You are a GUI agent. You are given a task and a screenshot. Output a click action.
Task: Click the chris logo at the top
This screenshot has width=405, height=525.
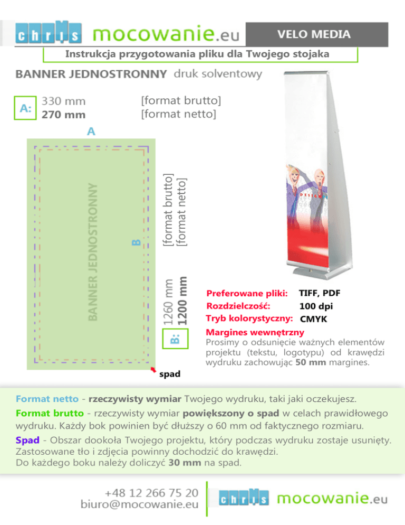pos(49,34)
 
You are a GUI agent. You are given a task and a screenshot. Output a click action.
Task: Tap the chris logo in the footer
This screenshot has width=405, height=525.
pos(244,498)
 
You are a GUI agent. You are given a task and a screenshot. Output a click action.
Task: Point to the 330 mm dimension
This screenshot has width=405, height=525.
pos(63,100)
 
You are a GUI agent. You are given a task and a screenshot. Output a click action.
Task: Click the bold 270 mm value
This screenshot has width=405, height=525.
pos(63,114)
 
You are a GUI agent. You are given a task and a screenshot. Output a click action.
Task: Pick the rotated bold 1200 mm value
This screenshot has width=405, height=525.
pos(182,301)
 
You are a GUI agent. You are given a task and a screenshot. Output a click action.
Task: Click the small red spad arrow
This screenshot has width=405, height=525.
pos(153,370)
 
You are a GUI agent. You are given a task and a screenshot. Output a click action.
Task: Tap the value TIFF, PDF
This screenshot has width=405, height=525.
pos(319,293)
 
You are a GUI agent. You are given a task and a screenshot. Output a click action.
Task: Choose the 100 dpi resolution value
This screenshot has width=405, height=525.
pos(316,306)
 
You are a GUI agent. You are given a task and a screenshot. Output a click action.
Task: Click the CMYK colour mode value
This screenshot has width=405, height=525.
pos(313,319)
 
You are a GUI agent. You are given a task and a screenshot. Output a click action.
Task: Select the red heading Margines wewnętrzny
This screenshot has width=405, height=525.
pos(255,332)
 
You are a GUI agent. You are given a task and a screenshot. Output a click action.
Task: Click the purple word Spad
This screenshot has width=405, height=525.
pos(25,440)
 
